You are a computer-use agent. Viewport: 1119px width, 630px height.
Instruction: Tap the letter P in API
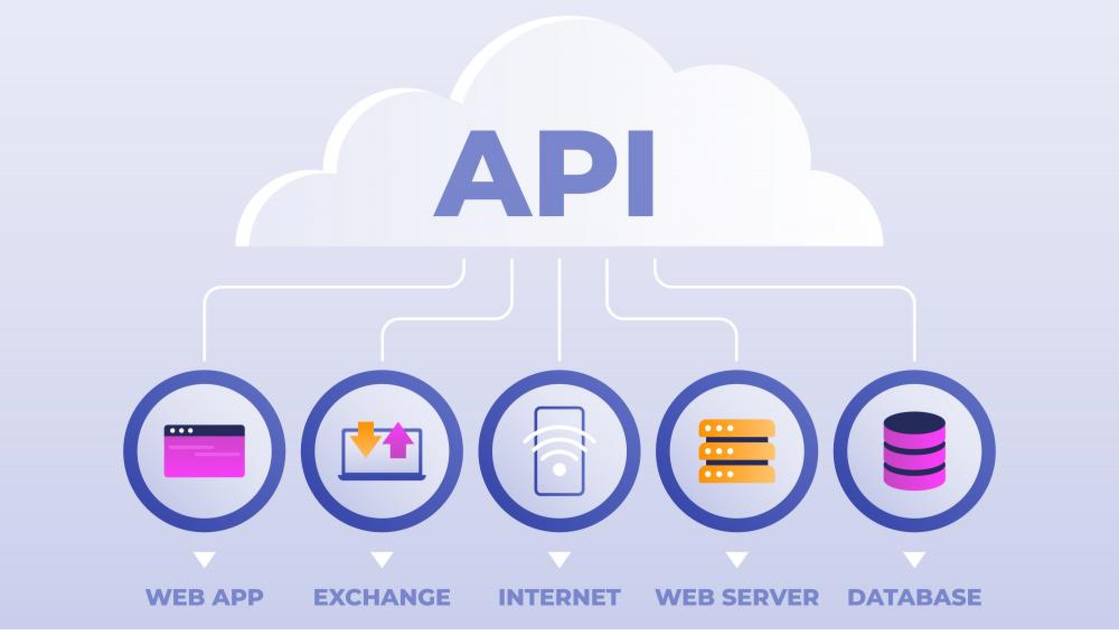582,174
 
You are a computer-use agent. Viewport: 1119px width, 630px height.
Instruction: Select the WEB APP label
204,598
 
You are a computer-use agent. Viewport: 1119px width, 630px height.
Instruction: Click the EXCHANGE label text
382,598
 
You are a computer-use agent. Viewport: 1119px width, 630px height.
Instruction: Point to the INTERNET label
559,598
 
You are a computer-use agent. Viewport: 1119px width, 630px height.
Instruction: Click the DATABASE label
914,598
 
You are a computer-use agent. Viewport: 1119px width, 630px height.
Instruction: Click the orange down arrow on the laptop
365,439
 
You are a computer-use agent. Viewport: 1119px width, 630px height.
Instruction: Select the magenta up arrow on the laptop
398,441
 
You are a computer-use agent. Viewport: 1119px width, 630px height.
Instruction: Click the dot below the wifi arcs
559,469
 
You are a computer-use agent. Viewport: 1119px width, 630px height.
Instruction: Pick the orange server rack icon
737,451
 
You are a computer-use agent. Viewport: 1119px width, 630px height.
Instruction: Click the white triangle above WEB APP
204,559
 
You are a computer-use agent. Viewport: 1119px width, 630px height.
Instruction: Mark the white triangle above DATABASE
914,559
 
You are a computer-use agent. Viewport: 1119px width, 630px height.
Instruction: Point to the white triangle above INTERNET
559,559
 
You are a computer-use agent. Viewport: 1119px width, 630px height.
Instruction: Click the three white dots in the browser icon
181,431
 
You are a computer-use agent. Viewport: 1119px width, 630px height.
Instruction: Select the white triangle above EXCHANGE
382,559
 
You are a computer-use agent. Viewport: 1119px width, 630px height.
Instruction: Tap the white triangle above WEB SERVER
737,559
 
